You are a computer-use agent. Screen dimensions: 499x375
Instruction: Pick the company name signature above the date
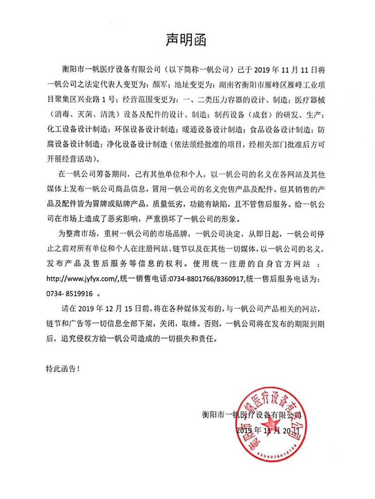pyautogui.click(x=251, y=415)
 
